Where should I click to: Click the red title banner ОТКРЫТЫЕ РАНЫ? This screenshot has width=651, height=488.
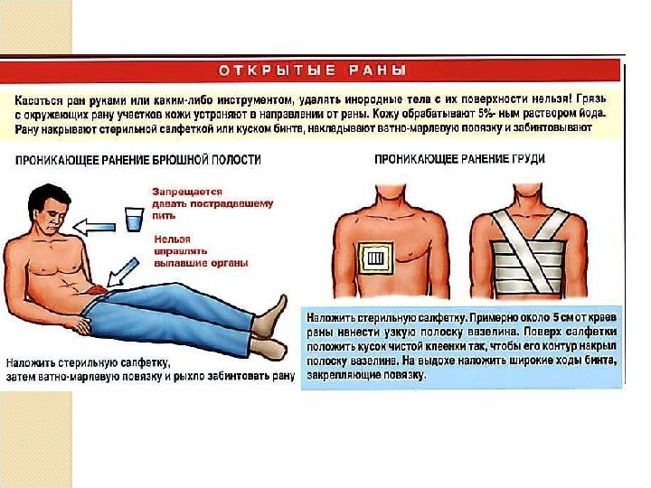[310, 70]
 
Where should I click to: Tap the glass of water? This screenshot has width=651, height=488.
[135, 219]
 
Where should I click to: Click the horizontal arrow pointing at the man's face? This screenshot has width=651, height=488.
[94, 227]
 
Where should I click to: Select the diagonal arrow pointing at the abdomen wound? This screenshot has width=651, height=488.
[122, 273]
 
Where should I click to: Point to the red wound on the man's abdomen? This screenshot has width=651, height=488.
[98, 289]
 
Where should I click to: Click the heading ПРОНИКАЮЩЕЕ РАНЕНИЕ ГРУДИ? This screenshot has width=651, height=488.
[459, 159]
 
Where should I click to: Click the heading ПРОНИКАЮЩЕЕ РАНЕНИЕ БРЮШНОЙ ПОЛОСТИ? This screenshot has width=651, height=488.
[138, 160]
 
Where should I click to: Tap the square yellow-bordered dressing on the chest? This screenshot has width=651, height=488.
[375, 258]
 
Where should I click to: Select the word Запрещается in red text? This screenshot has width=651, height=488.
[187, 192]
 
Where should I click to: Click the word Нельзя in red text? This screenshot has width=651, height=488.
[173, 239]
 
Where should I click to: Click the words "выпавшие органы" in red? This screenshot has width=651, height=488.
[201, 263]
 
